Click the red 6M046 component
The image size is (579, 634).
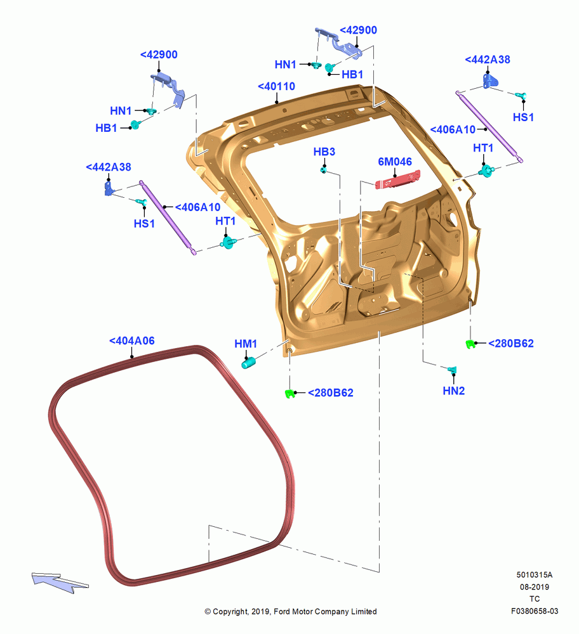tap(397, 179)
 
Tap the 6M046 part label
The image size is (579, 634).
tap(395, 162)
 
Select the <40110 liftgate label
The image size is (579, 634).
tap(277, 86)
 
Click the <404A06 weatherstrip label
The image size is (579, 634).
tap(132, 341)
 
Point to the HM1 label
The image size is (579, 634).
tap(246, 344)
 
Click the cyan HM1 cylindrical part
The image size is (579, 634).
tap(248, 363)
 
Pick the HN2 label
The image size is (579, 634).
tap(453, 391)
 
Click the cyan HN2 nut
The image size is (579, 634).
tap(452, 370)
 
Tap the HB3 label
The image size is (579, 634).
tap(324, 152)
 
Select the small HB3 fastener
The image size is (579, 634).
tap(324, 169)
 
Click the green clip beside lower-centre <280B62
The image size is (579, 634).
tap(289, 393)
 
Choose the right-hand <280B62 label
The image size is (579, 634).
tap(511, 343)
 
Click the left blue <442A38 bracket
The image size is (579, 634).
tap(109, 188)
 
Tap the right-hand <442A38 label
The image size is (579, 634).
tap(488, 60)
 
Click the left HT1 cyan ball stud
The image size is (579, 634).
tap(229, 242)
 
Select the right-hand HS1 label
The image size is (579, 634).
tap(523, 117)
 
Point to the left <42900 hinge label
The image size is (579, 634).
tap(159, 55)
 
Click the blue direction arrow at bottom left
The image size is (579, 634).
tap(60, 582)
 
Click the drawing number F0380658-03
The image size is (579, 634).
tap(535, 611)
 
